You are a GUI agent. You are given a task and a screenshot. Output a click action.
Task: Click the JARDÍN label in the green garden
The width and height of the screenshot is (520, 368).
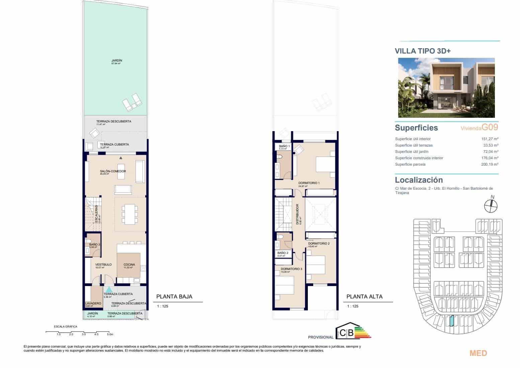[117, 61]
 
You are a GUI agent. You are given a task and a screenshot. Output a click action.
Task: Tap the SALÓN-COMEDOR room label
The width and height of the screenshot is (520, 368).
[113, 171]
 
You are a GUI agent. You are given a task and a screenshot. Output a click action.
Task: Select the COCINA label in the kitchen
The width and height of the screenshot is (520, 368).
[129, 265]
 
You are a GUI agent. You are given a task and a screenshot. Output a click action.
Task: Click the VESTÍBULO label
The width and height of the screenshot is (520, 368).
[103, 265]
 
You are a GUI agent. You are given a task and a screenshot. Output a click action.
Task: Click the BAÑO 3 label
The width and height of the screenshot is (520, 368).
[95, 245]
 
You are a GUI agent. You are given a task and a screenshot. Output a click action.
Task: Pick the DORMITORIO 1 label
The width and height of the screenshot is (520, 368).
[309, 183]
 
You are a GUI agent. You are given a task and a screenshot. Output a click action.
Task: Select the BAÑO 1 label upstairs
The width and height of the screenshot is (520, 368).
[284, 146]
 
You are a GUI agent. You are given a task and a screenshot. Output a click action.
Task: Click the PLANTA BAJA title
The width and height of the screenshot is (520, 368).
[174, 296]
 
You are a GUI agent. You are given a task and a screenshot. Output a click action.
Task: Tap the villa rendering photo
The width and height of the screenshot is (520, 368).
[446, 88]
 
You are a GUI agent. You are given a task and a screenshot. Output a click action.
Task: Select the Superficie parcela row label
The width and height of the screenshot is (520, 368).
[410, 164]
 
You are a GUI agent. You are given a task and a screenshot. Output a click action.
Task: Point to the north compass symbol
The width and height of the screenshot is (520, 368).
[491, 205]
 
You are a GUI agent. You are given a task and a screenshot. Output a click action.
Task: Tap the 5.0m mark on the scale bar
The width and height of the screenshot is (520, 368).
[110, 334]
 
